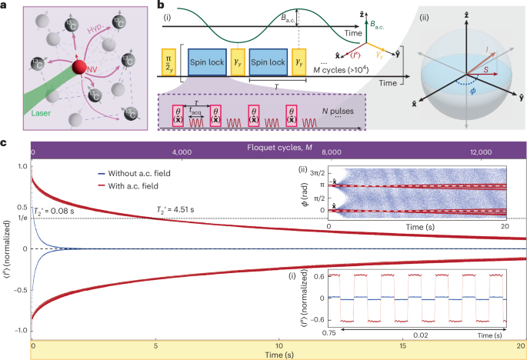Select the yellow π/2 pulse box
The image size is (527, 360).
(x=168, y=59)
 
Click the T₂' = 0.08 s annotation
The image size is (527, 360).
(x=58, y=213)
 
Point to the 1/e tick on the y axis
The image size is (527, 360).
(x=21, y=219)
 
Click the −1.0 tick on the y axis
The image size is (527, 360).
(x=18, y=329)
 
